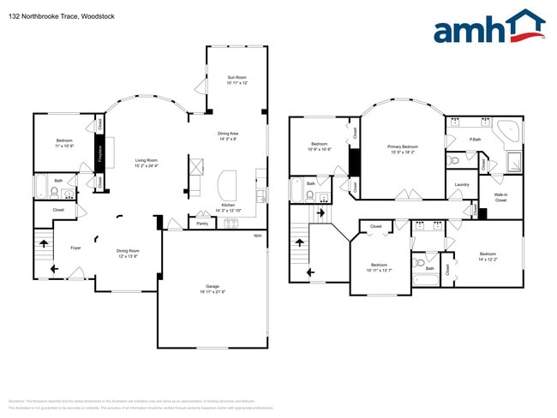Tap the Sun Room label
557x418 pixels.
[x=237, y=80]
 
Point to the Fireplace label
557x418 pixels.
[x=100, y=156]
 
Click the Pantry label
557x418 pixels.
[x=202, y=224]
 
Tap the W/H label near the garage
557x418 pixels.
[x=258, y=236]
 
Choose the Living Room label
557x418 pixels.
[x=146, y=163]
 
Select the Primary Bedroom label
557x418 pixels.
[x=403, y=149]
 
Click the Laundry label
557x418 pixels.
[x=461, y=184]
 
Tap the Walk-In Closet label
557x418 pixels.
[x=500, y=198]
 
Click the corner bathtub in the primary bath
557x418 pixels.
[x=510, y=131]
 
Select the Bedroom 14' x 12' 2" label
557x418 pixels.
[x=488, y=256]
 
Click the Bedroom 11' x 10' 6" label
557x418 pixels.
[x=65, y=142]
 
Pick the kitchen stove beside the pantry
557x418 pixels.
[x=231, y=224]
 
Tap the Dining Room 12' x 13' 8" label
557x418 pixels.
[x=128, y=254]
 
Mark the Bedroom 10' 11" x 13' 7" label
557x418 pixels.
[x=379, y=267]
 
